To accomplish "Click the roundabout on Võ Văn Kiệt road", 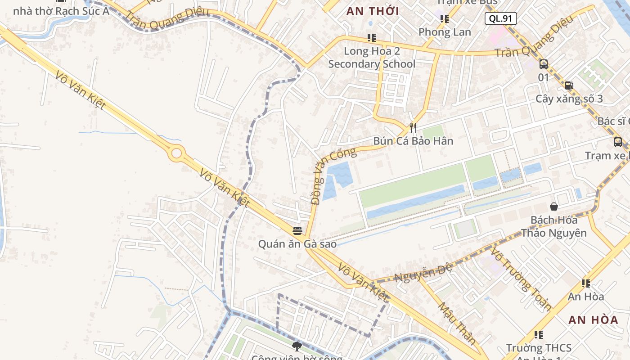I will point(176,153).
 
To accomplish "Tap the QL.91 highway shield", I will point(500,18).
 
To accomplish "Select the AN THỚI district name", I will point(373,11).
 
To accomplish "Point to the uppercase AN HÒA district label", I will point(593,320).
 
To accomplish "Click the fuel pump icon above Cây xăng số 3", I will point(569,85).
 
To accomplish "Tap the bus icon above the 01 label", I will point(544,64).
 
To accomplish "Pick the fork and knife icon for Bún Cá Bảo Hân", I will point(413,128).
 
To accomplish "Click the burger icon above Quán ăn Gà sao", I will point(297,231).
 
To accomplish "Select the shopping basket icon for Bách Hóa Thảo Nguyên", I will point(554,207).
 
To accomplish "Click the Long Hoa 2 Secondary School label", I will point(372,58).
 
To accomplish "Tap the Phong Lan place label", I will point(445,32).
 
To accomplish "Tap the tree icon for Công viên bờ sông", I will point(297,346).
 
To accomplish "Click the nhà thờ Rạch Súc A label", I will point(61,11).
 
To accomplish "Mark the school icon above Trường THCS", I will point(538,335).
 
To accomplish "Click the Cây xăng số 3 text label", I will point(569,99).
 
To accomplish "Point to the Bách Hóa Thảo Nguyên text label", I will point(554,226).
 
